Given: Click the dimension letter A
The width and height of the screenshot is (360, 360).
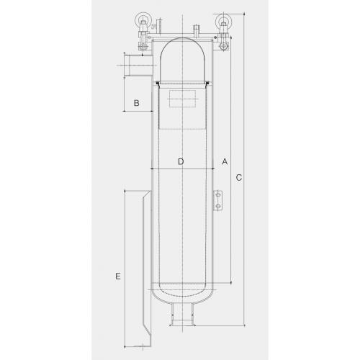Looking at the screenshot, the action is pos(225,161).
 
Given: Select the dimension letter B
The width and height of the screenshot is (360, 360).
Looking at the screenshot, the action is pos(137,103).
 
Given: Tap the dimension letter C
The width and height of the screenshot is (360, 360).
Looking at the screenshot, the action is pos(239,178).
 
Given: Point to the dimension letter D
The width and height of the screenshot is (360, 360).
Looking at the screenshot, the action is pos(181,161).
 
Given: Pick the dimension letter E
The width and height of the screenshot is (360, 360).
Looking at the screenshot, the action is pos(118,276).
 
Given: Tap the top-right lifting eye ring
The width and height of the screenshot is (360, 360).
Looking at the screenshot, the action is pos(223,14).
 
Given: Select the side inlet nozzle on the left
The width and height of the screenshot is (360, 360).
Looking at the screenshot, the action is pos(138,65).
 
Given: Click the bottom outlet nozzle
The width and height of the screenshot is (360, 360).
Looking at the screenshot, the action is pos(182,315).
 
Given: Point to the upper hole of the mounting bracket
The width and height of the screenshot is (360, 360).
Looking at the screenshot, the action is pos(218,195).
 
